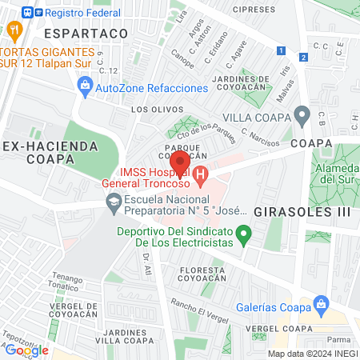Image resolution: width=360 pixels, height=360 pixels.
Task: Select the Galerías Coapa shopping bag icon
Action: pyautogui.click(x=322, y=303)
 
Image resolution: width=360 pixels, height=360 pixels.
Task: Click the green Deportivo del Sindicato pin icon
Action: pyautogui.click(x=246, y=234)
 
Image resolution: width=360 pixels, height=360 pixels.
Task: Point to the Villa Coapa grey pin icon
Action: pyautogui.click(x=302, y=116)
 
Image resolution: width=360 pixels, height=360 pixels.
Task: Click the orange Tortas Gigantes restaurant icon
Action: pyautogui.click(x=14, y=30)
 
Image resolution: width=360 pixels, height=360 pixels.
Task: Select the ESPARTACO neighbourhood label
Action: pyautogui.click(x=86, y=34)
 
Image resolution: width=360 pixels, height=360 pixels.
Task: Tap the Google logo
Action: pyautogui.click(x=26, y=350)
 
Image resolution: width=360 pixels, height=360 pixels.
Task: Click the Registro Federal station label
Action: pyautogui.click(x=78, y=13)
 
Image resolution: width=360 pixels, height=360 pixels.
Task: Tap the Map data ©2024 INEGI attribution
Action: pyautogui.click(x=312, y=354)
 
